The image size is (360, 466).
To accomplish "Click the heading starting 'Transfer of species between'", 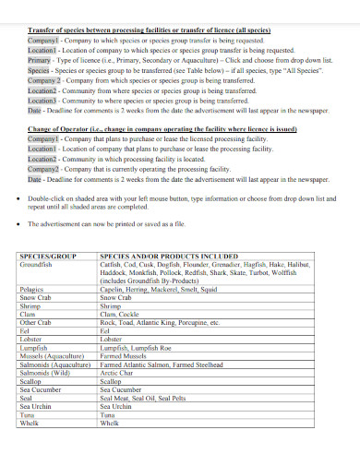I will (148, 30).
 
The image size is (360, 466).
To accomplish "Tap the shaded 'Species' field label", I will (38, 69).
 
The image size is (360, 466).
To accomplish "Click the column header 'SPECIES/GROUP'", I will (45, 255).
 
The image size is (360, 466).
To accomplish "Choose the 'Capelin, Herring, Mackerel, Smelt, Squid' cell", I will (158, 290).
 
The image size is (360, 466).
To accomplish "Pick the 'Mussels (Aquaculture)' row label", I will (53, 355).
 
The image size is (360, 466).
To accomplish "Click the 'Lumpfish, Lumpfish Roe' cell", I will (137, 347).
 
